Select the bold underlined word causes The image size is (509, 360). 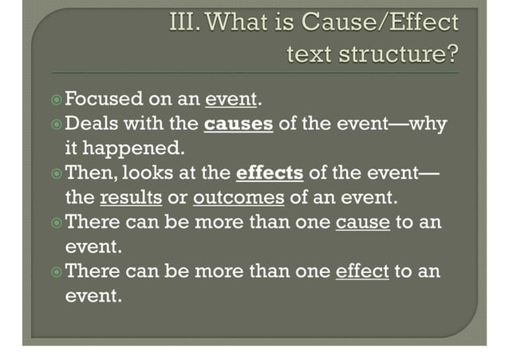(x=239, y=125)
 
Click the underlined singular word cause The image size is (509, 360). (x=363, y=222)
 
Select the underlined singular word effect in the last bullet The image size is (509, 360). (x=362, y=271)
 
